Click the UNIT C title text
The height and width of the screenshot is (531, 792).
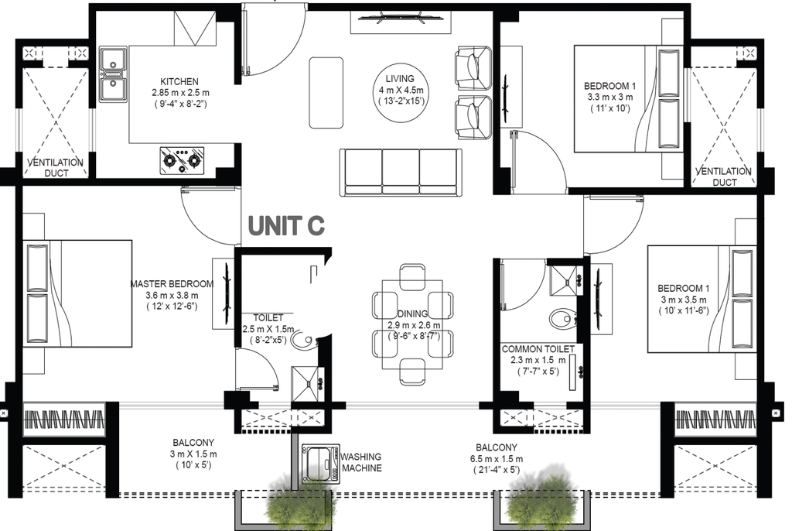pyautogui.click(x=286, y=225)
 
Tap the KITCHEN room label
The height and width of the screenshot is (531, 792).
pyautogui.click(x=179, y=81)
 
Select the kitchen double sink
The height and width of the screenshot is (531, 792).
pyautogui.click(x=113, y=74)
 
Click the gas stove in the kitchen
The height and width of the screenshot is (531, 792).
pyautogui.click(x=183, y=161)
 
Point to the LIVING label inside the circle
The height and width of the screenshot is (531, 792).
pyautogui.click(x=400, y=79)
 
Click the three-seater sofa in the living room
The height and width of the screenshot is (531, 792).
pyautogui.click(x=401, y=173)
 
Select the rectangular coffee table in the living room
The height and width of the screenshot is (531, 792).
pyautogui.click(x=326, y=93)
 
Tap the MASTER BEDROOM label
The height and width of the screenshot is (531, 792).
pyautogui.click(x=172, y=284)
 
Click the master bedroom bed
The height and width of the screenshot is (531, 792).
pyautogui.click(x=78, y=294)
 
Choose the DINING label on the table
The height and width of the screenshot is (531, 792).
pyautogui.click(x=413, y=313)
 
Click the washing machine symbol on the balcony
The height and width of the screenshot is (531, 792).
pyautogui.click(x=319, y=463)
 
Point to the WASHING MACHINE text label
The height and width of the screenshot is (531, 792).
pyautogui.click(x=361, y=463)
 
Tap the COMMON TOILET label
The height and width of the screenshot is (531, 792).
pyautogui.click(x=538, y=349)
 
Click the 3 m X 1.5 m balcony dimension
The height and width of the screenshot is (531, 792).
pyautogui.click(x=193, y=454)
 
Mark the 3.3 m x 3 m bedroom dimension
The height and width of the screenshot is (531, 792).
pyautogui.click(x=609, y=97)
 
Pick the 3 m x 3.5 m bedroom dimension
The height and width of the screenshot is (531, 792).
pyautogui.click(x=684, y=300)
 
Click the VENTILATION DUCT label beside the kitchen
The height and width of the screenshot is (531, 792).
pyautogui.click(x=55, y=168)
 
